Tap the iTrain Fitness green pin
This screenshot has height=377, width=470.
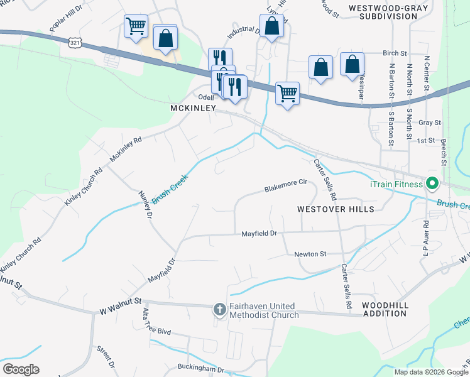click(x=432, y=184)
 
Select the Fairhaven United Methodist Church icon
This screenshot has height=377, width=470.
click(x=219, y=309)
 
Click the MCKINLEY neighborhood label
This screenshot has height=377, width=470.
click(x=193, y=108)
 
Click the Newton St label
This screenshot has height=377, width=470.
click(x=310, y=254)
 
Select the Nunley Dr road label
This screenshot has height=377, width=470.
click(x=145, y=205)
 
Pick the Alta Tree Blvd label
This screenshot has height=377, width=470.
click(x=156, y=330)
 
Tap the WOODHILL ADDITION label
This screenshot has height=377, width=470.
click(x=385, y=309)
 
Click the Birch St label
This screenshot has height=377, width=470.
click(x=395, y=53)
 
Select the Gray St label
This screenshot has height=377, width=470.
click(x=429, y=122)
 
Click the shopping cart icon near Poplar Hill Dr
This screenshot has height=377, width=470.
click(x=136, y=26)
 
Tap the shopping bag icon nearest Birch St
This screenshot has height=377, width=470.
click(x=352, y=64)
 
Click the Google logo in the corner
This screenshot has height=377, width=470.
click(x=21, y=369)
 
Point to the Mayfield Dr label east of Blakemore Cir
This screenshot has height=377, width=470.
click(x=260, y=234)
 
